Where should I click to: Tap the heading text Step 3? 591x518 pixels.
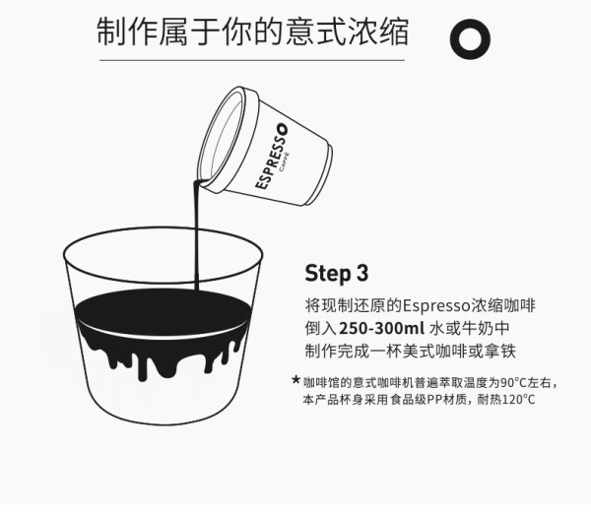336,273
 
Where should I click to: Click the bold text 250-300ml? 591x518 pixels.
381,328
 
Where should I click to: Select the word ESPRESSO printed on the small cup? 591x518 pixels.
272,157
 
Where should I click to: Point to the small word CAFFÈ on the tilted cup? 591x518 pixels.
285,162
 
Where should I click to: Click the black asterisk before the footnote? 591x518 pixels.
295,380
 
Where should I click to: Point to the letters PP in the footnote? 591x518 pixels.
434,399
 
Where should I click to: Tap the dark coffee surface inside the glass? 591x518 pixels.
164,311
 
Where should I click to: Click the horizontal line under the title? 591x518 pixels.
252,60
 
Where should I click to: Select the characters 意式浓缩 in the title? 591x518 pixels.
347,32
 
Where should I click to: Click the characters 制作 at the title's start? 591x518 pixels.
127,32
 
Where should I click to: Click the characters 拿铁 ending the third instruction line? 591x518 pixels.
499,352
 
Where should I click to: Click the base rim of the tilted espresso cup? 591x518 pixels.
320,174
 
